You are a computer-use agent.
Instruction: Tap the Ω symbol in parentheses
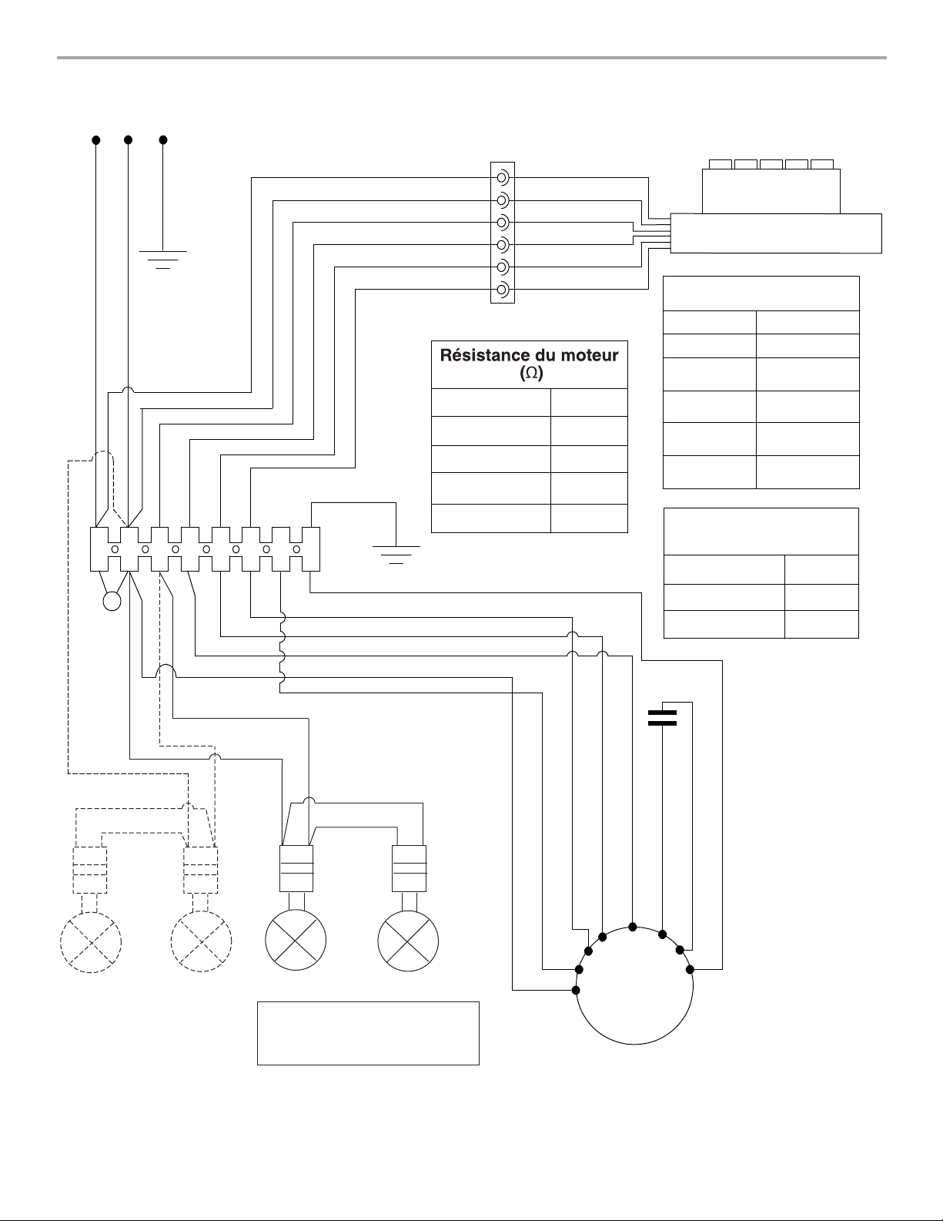(x=531, y=373)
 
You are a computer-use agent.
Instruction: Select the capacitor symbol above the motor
(x=662, y=717)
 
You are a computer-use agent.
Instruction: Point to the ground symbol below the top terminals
(x=162, y=260)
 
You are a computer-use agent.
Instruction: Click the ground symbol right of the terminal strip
(x=396, y=555)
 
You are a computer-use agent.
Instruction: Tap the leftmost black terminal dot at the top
(x=96, y=140)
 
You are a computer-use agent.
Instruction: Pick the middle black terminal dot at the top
(x=128, y=140)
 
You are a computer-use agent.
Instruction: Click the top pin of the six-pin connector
(x=503, y=178)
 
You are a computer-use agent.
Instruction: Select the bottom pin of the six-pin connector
(x=503, y=290)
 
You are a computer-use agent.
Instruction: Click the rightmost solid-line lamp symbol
(x=408, y=941)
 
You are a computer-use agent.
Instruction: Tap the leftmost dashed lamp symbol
(x=90, y=941)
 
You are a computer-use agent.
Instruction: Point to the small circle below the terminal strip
(x=112, y=601)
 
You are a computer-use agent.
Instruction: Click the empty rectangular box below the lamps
(x=368, y=1033)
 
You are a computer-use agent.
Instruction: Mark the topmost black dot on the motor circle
(x=633, y=927)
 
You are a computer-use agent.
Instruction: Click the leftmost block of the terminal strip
(x=99, y=549)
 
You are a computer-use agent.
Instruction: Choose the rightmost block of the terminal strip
(x=311, y=549)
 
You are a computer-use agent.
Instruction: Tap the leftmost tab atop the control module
(x=721, y=164)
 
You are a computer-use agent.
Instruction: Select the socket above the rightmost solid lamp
(x=410, y=868)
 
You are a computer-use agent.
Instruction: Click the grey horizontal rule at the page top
(x=471, y=58)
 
